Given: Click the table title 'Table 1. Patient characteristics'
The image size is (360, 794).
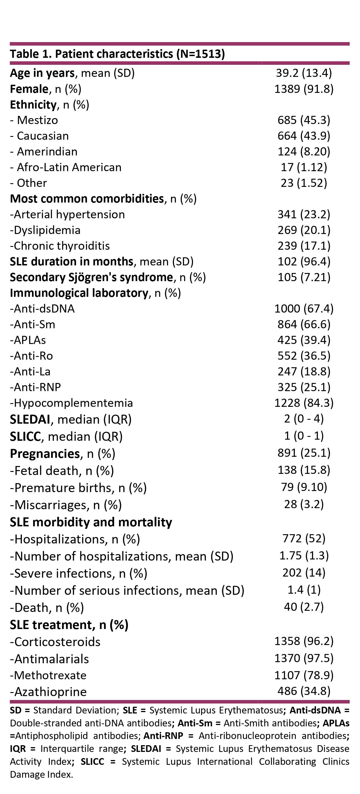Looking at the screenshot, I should pyautogui.click(x=117, y=54).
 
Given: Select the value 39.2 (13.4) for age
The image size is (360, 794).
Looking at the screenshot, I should pyautogui.click(x=304, y=73).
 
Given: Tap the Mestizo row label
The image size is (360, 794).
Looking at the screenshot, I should pyautogui.click(x=34, y=120).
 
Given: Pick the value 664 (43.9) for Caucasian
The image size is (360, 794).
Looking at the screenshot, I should pyautogui.click(x=304, y=136).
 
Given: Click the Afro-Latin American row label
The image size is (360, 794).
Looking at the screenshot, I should pyautogui.click(x=66, y=167).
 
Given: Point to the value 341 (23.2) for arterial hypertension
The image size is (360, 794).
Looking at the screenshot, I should pyautogui.click(x=304, y=214).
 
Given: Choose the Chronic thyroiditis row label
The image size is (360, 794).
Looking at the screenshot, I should pyautogui.click(x=60, y=246).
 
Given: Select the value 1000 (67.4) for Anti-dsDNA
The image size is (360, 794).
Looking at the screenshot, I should pyautogui.click(x=304, y=309).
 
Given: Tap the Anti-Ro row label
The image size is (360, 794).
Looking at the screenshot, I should pyautogui.click(x=31, y=356).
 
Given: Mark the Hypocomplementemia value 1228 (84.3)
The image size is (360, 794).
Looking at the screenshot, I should pyautogui.click(x=304, y=403).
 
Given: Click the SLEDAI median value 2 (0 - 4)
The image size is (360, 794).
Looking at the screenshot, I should pyautogui.click(x=304, y=419).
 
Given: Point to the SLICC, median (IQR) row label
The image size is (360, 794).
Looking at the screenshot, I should pyautogui.click(x=66, y=437).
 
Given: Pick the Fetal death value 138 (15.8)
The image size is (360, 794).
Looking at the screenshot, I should pyautogui.click(x=304, y=470).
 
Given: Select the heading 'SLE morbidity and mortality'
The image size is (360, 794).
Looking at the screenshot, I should pyautogui.click(x=91, y=522).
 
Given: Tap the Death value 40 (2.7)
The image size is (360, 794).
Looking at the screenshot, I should pyautogui.click(x=304, y=607).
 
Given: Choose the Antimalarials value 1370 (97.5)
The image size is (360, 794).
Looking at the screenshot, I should pyautogui.click(x=304, y=658).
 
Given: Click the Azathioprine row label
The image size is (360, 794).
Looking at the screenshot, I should pyautogui.click(x=48, y=692).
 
